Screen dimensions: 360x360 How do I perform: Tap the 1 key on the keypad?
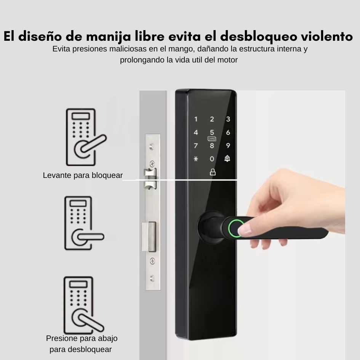[196, 119]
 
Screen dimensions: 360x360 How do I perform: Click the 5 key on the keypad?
[212, 133]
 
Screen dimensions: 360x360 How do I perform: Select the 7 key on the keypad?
[195, 146]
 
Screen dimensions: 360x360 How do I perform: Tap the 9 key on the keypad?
[228, 146]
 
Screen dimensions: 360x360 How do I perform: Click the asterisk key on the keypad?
[195, 159]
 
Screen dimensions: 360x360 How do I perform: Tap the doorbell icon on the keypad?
[227, 158]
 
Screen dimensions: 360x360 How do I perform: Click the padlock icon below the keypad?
[213, 172]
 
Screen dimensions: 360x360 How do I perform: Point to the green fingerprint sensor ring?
[235, 228]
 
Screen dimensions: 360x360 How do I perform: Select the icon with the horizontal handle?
[84, 223]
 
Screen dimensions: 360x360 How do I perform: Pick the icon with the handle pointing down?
[83, 305]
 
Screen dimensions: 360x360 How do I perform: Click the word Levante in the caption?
[57, 175]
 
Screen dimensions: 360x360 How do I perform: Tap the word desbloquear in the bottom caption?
[81, 349]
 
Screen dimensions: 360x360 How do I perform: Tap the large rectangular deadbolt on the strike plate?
[150, 237]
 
